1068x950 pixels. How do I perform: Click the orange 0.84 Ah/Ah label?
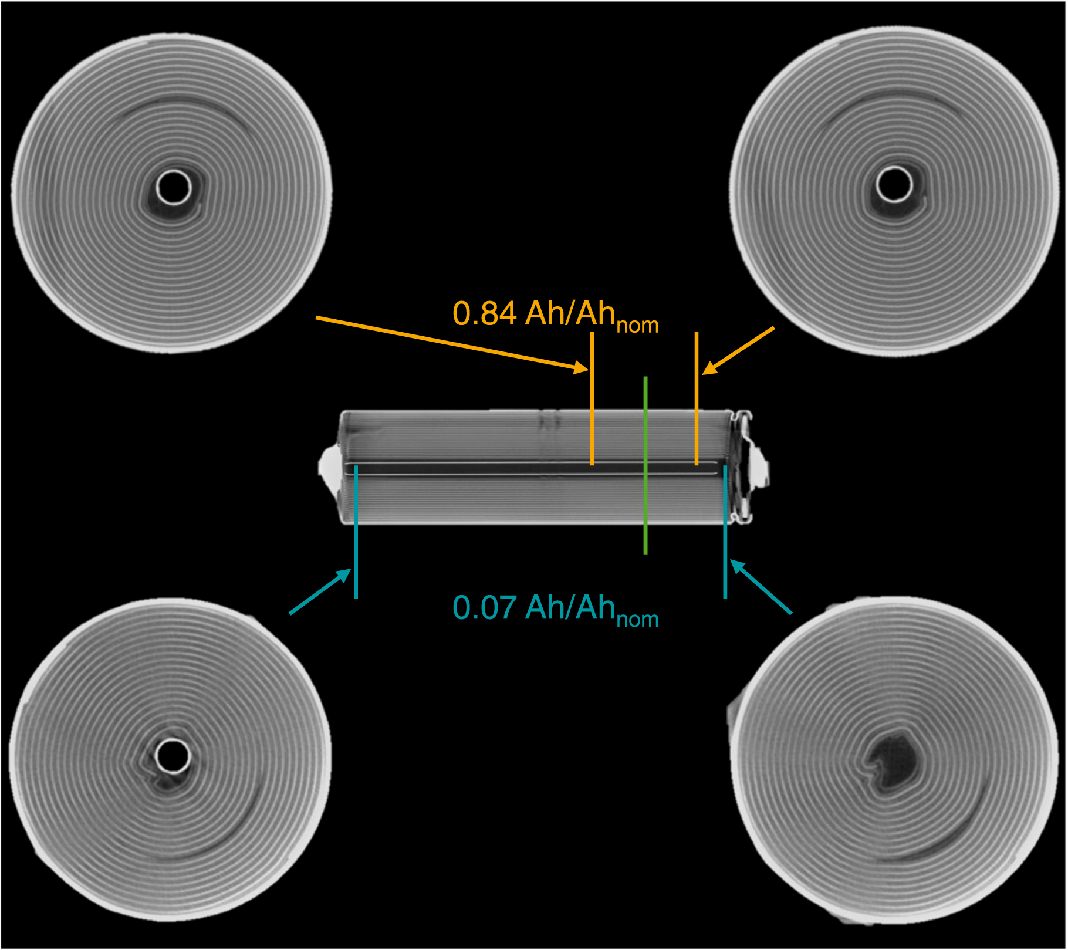click(555, 315)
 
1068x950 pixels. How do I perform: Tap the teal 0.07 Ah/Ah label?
click(555, 609)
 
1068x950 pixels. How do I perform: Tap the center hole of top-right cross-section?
click(894, 184)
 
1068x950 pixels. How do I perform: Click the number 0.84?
click(484, 314)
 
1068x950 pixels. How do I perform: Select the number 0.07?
click(484, 608)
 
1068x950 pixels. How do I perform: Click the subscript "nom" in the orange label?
click(638, 326)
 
